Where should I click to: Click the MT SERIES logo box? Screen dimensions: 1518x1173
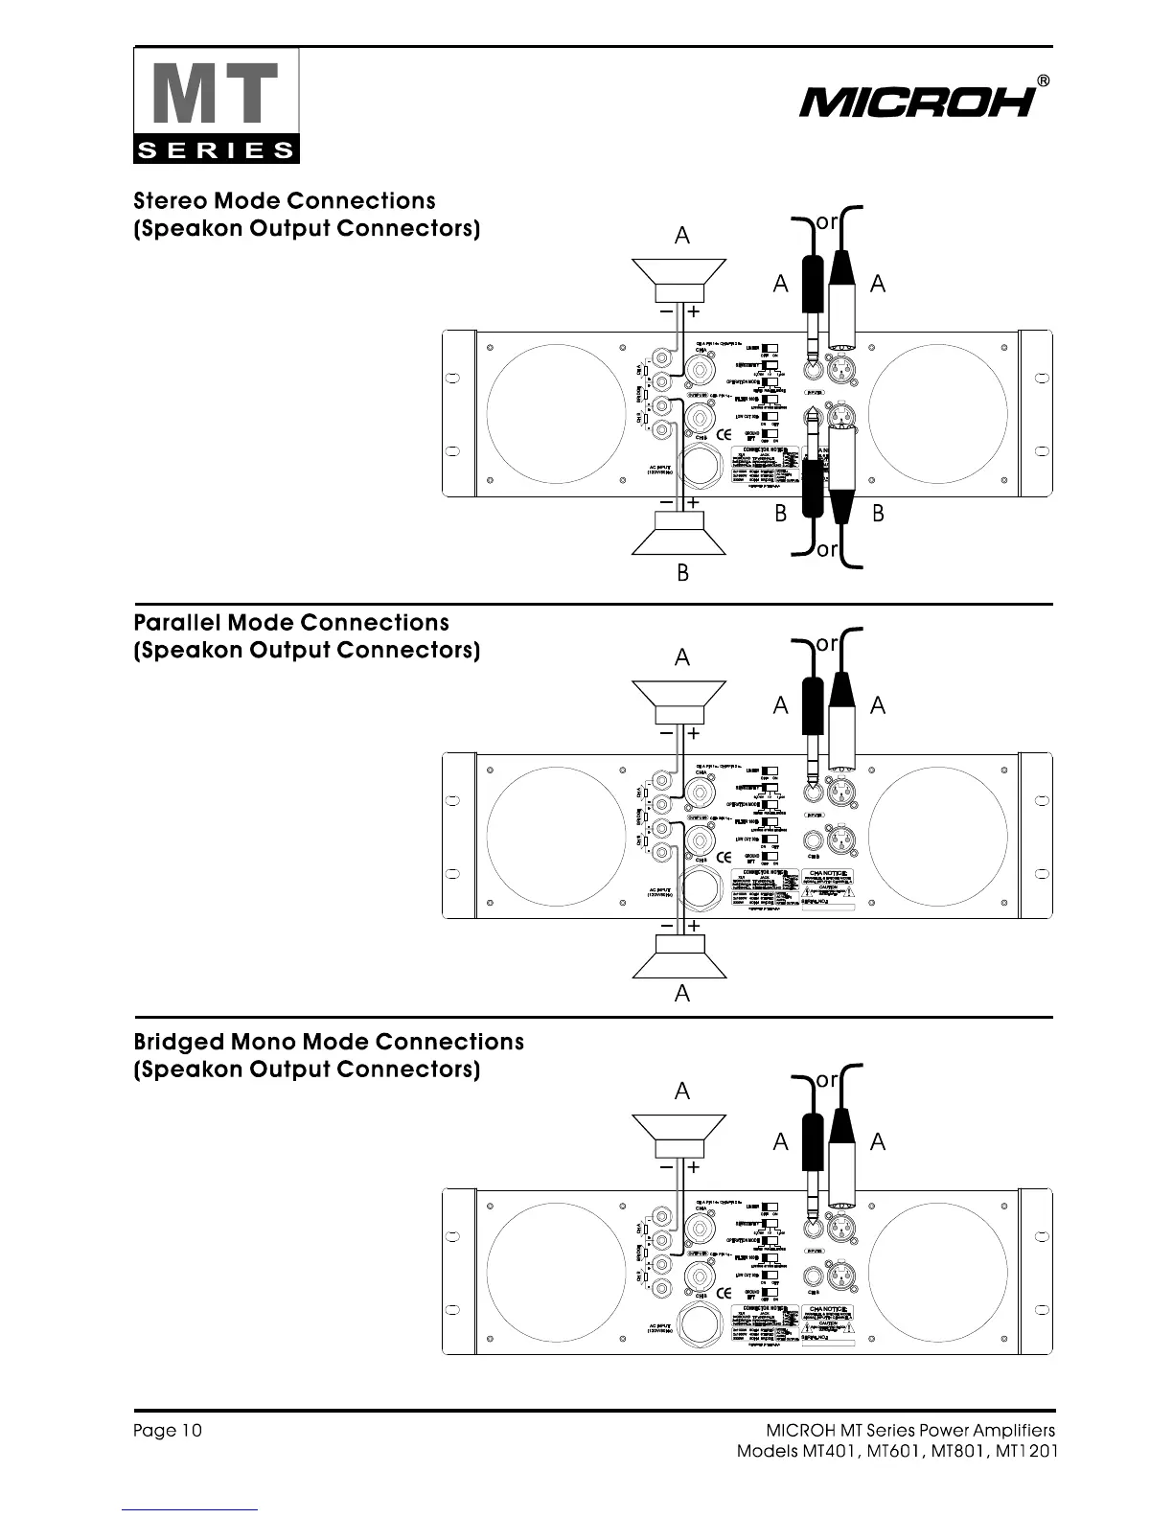click(x=217, y=106)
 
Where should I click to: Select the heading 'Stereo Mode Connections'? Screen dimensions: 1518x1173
click(x=285, y=201)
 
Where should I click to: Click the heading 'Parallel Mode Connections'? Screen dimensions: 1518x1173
click(x=291, y=623)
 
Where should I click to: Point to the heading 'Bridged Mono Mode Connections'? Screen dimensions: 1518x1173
click(x=329, y=1042)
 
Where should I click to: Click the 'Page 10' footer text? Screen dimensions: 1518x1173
click(x=168, y=1431)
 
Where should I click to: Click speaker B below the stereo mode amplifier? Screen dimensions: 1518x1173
click(x=679, y=534)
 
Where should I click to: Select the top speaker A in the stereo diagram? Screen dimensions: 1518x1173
click(x=679, y=279)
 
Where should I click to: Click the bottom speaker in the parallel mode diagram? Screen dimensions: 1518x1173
click(x=679, y=955)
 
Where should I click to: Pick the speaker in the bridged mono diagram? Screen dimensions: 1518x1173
click(x=679, y=1136)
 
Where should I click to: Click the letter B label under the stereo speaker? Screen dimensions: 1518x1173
click(x=682, y=574)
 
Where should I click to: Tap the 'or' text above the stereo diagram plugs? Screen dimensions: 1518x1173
click(x=827, y=222)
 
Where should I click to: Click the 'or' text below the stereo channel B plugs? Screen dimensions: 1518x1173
click(x=827, y=551)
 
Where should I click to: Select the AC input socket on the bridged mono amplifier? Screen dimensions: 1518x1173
click(x=701, y=1326)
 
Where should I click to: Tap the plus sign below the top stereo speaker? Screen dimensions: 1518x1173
click(x=693, y=311)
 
